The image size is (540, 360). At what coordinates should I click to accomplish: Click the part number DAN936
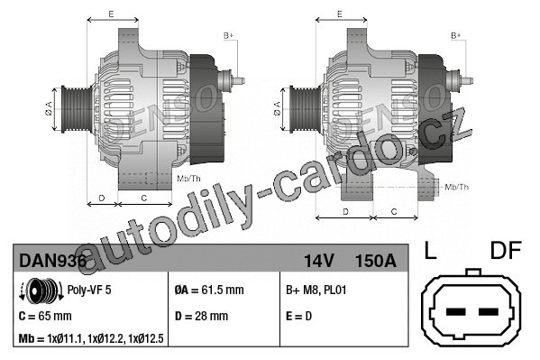(x=52, y=261)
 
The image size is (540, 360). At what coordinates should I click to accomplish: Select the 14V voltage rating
(x=319, y=261)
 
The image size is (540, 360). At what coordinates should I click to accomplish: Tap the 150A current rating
(x=375, y=261)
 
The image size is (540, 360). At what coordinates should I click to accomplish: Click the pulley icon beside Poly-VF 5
(x=41, y=291)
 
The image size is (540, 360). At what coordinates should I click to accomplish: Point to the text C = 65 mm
(x=45, y=316)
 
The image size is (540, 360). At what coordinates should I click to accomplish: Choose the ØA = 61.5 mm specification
(x=209, y=290)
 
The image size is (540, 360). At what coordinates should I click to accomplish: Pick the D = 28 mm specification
(x=201, y=316)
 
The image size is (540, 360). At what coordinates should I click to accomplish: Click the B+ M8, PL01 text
(x=316, y=290)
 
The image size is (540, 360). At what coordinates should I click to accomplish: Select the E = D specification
(x=298, y=316)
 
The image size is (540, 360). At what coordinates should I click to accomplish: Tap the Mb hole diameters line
(x=91, y=339)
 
